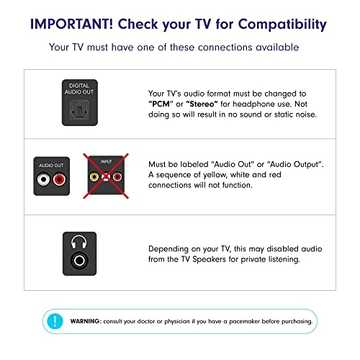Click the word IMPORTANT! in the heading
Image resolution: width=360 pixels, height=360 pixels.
tap(71, 24)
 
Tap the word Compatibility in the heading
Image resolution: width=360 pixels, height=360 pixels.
tap(282, 24)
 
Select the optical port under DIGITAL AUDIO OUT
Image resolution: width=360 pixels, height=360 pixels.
tap(80, 111)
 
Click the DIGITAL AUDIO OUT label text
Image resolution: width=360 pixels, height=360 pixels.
tap(79, 89)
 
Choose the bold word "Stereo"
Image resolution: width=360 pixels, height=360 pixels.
tap(202, 104)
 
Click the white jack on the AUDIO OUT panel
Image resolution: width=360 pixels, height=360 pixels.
tap(43, 179)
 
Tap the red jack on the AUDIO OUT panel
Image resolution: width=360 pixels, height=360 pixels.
tap(59, 179)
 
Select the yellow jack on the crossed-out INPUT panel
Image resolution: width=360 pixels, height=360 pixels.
tap(94, 177)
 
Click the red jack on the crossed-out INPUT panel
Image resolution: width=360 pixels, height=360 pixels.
tap(117, 177)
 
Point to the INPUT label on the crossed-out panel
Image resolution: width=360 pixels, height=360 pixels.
tap(106, 162)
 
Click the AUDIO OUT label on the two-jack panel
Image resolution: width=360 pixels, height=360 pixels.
tap(51, 166)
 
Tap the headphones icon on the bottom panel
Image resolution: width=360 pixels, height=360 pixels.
tap(79, 242)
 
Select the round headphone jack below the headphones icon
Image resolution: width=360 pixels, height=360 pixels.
tap(79, 260)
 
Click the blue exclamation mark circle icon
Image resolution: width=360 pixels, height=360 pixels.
tap(55, 321)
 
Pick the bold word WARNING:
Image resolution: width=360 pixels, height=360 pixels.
tap(86, 321)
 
